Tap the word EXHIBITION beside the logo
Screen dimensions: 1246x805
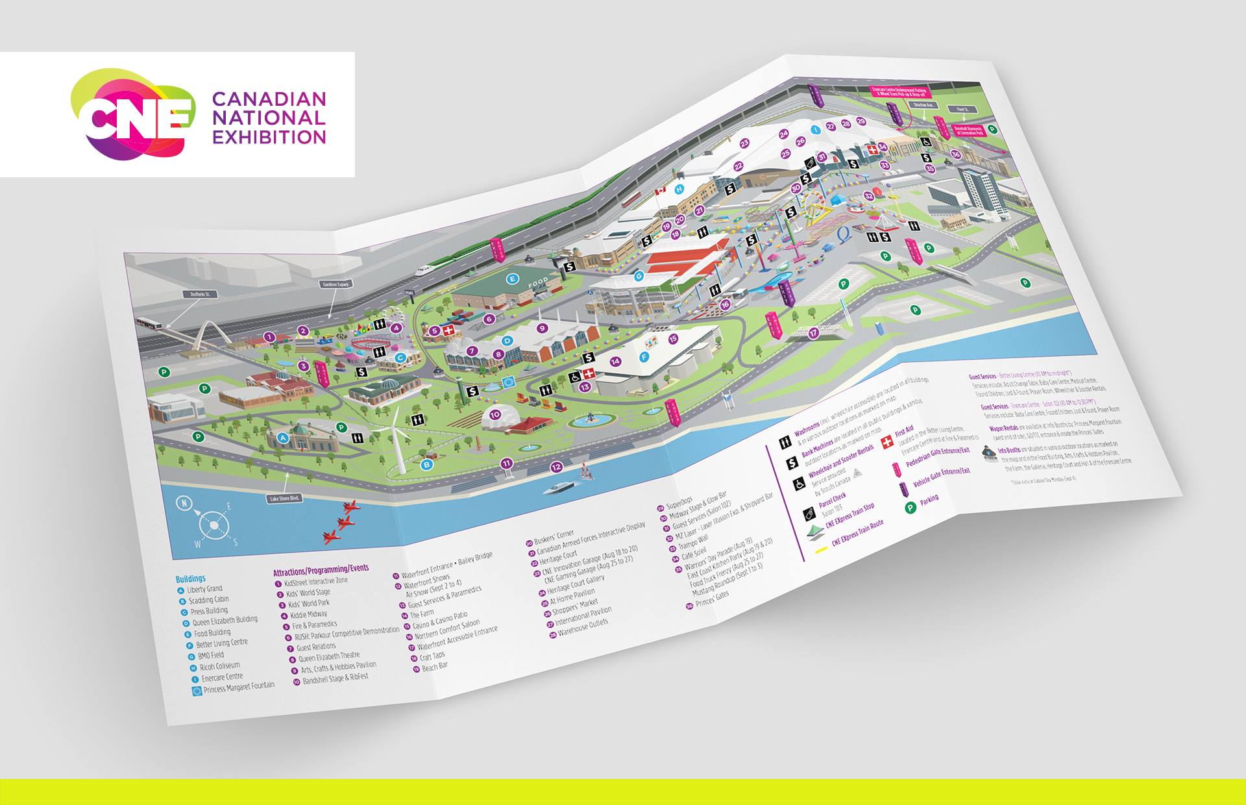click(x=269, y=138)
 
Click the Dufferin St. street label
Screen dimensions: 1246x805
click(x=199, y=294)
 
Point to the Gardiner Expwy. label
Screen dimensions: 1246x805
click(x=336, y=284)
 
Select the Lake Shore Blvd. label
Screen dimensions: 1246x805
click(x=284, y=499)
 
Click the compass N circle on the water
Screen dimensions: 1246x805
click(x=185, y=503)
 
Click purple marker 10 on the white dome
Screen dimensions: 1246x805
click(x=495, y=415)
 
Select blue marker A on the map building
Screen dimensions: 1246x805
click(x=283, y=438)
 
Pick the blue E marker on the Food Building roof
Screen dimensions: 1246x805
click(x=512, y=279)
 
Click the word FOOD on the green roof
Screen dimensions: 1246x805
click(x=538, y=283)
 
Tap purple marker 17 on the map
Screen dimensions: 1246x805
click(x=813, y=333)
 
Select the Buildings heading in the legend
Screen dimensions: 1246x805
click(x=190, y=578)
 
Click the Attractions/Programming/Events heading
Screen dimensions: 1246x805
click(x=321, y=570)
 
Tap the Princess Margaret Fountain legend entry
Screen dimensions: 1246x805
click(x=238, y=687)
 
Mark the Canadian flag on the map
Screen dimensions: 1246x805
click(x=660, y=191)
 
